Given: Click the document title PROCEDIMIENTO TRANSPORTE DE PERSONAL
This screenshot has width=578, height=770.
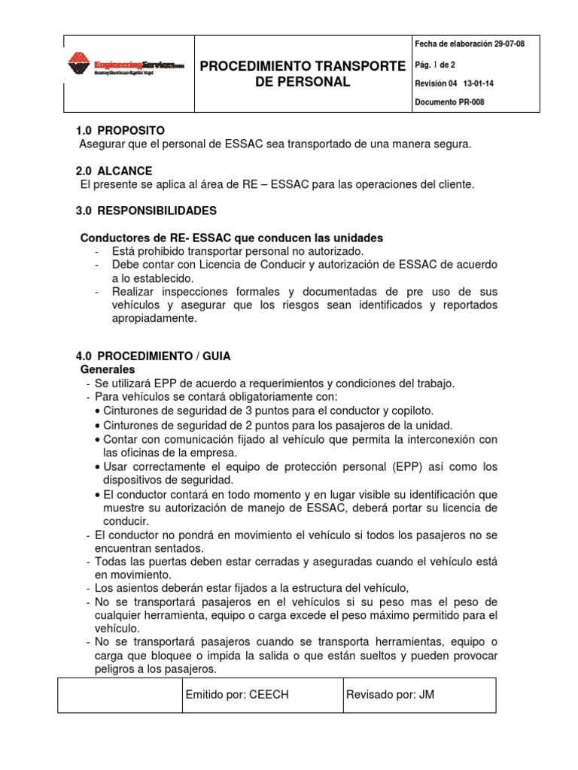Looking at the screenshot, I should coord(303,74).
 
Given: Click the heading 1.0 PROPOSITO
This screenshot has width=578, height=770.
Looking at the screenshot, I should coord(120,131).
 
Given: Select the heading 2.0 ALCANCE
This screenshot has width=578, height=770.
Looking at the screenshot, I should coord(114,171).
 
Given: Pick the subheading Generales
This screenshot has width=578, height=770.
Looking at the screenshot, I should coord(107,370).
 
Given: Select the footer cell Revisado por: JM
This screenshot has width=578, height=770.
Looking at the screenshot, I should coord(390,696).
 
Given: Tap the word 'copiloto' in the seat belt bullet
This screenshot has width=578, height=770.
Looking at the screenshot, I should coord(411,411).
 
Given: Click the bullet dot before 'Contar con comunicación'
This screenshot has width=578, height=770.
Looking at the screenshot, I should coord(98,439).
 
